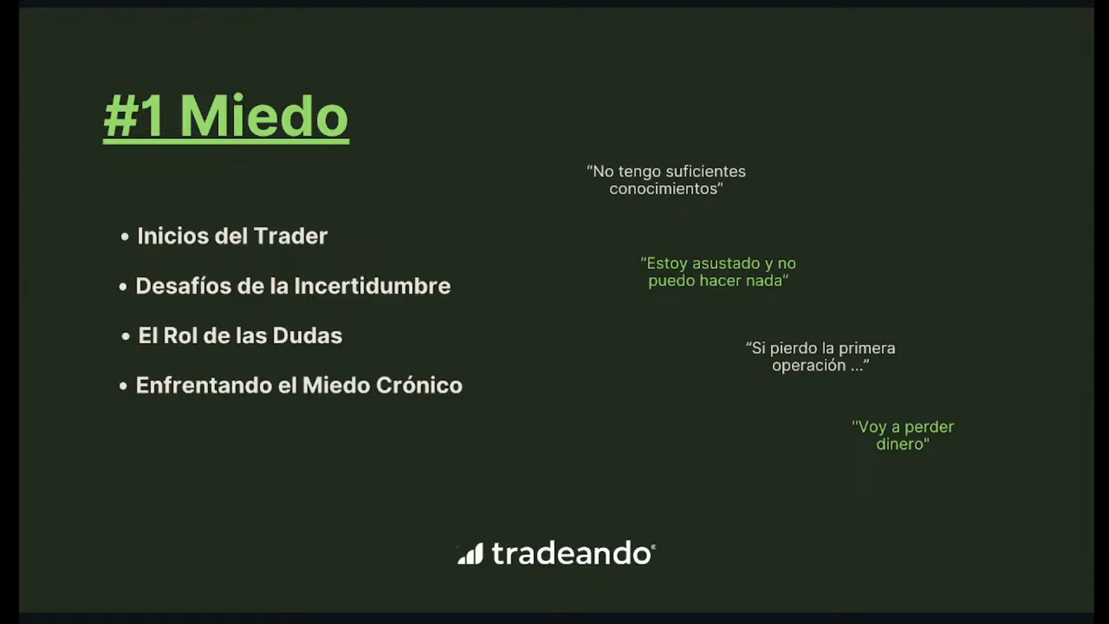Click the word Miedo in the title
[264, 116]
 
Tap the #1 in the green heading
[134, 116]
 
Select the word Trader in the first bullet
[291, 236]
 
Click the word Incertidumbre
[372, 286]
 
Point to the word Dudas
[308, 335]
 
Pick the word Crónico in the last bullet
[419, 385]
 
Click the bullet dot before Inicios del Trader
[125, 236]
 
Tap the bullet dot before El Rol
[126, 336]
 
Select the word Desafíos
[183, 286]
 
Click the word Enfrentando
[204, 385]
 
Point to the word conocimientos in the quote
[666, 189]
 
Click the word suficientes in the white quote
[705, 171]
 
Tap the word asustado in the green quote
[730, 263]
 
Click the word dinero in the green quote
[903, 444]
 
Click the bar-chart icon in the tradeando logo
[470, 553]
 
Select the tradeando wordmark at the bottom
[574, 553]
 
